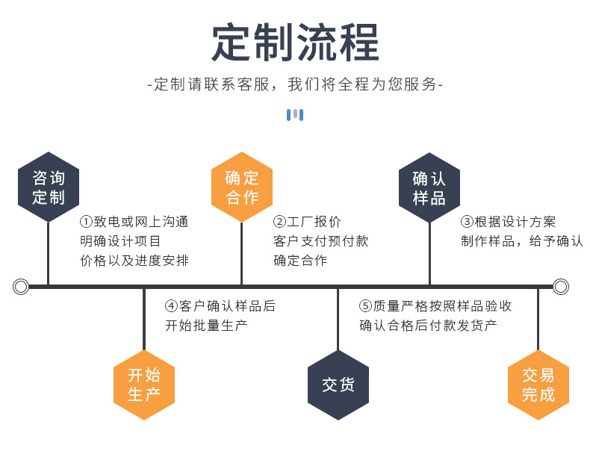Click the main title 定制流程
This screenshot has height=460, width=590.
(x=295, y=43)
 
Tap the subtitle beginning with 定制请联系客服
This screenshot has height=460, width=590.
(x=295, y=84)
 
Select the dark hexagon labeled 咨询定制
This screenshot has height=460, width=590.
(x=49, y=187)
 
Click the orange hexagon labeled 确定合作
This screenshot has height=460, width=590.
(x=242, y=187)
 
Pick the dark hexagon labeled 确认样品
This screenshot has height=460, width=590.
(x=429, y=187)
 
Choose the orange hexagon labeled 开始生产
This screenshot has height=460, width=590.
(x=144, y=385)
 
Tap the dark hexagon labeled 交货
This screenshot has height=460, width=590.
(x=338, y=385)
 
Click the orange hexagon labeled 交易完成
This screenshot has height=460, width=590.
(x=538, y=385)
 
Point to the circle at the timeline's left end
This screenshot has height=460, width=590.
(x=21, y=286)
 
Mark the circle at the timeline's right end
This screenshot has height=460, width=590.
(x=561, y=286)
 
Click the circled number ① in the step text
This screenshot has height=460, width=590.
(x=86, y=222)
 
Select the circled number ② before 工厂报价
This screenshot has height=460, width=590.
(x=280, y=222)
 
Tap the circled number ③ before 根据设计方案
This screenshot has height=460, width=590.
(x=467, y=222)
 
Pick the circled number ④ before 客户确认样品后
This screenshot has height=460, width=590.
(x=172, y=306)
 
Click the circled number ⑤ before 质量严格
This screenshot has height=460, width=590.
(x=366, y=306)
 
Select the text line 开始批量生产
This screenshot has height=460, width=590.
(x=206, y=326)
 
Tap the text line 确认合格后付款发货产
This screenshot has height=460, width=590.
(x=428, y=326)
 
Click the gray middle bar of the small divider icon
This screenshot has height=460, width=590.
(x=295, y=114)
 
